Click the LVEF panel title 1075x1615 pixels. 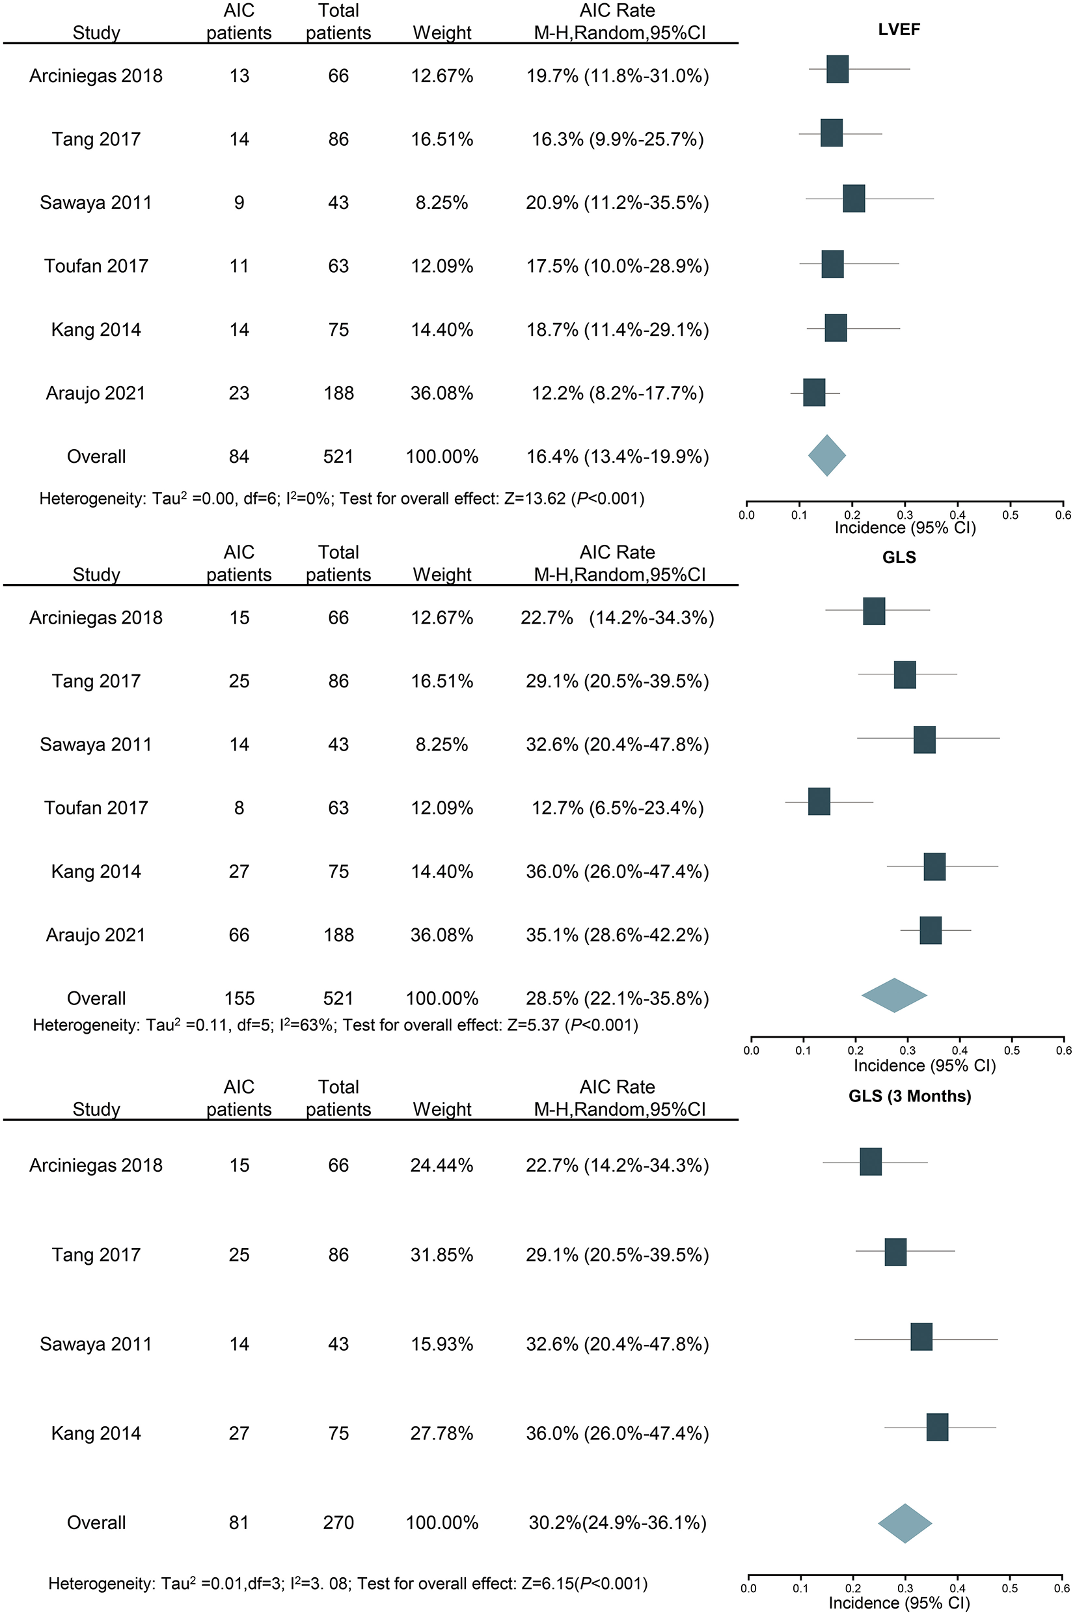click(x=899, y=29)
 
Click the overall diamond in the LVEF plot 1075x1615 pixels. click(x=827, y=456)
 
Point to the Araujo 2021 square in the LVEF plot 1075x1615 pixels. click(x=815, y=393)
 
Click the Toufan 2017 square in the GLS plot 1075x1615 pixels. click(x=819, y=802)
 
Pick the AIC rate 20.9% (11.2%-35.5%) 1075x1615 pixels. click(x=617, y=203)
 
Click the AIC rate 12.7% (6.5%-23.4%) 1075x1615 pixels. click(x=617, y=808)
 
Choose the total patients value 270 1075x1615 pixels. click(x=338, y=1523)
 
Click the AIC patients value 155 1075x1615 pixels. click(x=239, y=999)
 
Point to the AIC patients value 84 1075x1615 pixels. click(x=239, y=457)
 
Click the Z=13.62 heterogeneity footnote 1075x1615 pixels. click(x=342, y=499)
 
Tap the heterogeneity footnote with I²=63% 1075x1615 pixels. click(x=335, y=1025)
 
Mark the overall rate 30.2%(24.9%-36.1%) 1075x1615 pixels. click(x=617, y=1523)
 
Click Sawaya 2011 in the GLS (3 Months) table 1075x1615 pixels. click(x=96, y=1344)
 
